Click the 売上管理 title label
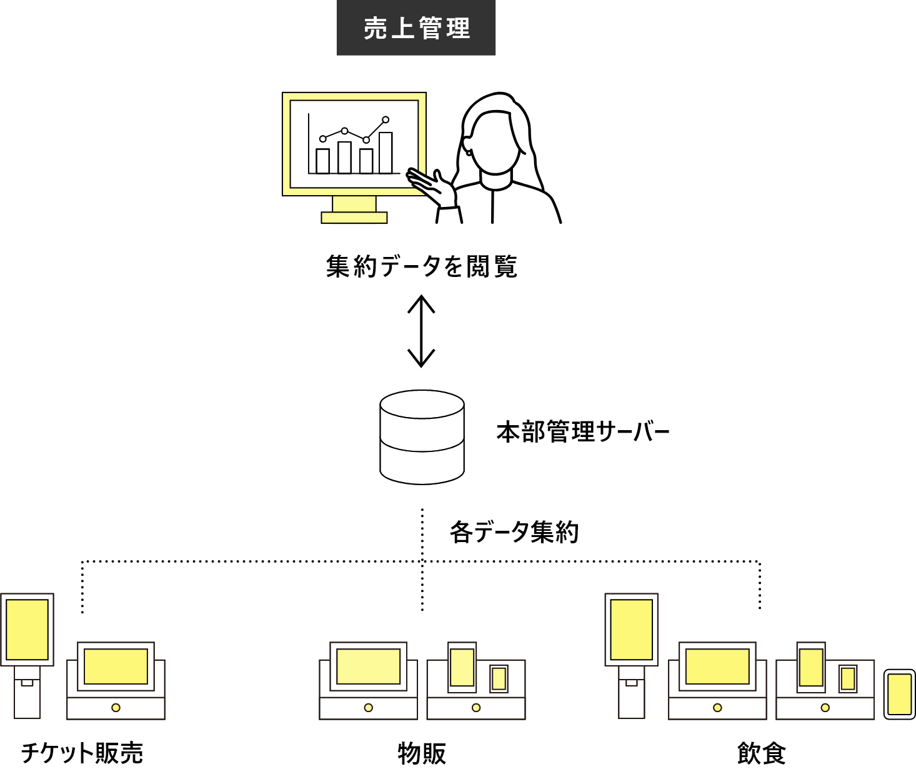(416, 28)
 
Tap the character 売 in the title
(375, 29)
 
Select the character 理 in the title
(459, 29)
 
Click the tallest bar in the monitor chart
(386, 153)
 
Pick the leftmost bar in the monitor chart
(322, 161)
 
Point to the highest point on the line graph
(386, 119)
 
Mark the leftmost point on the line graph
(322, 139)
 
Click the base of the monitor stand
(354, 218)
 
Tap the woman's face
(495, 144)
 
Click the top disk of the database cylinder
(422, 404)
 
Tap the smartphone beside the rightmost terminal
(899, 694)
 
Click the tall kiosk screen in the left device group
(27, 630)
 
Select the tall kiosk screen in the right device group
(631, 630)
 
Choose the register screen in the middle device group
(368, 666)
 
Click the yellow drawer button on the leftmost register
(116, 708)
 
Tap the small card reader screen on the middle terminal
(499, 679)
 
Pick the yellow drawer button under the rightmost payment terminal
(825, 708)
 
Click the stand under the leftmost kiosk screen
(27, 694)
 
